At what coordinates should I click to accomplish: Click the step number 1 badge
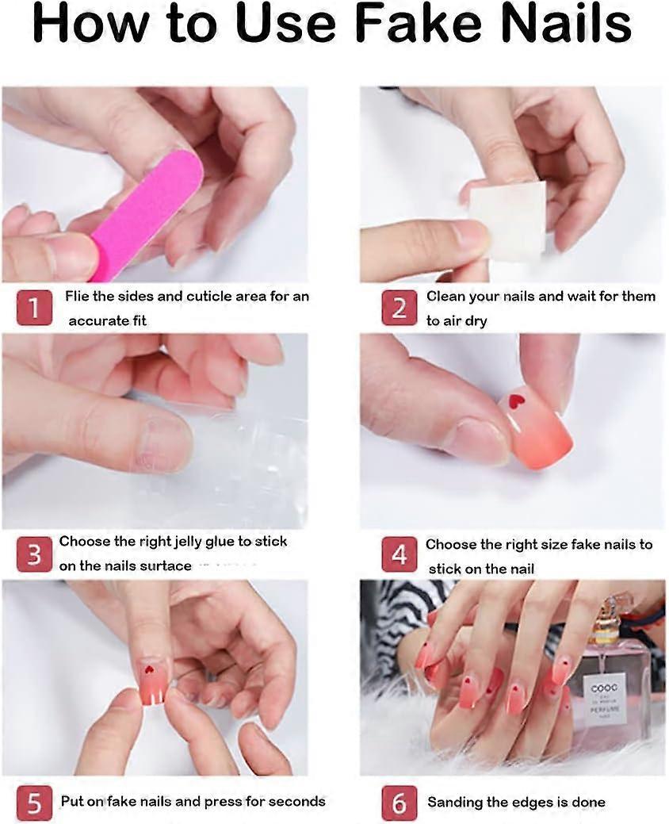pos(34,308)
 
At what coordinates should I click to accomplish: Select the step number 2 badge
pos(399,308)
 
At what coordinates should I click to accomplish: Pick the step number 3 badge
pos(34,554)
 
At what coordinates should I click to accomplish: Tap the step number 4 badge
pos(399,555)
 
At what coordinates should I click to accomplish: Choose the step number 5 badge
pos(34,803)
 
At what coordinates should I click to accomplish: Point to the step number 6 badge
pos(399,803)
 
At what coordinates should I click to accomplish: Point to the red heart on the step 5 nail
pos(148,669)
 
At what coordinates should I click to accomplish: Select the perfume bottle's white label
pos(605,699)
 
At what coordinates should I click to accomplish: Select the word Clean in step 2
pos(445,297)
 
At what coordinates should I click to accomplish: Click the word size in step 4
pos(555,544)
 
